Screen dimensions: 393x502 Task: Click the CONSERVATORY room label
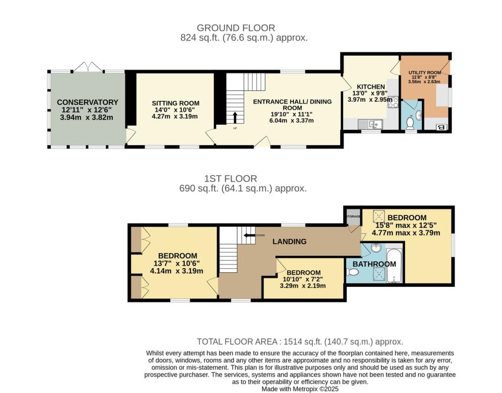tap(87, 102)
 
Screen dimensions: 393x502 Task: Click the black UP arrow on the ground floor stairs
tap(235, 117)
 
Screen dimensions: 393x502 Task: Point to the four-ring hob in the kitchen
tap(393, 102)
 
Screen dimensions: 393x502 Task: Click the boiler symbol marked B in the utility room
tap(441, 128)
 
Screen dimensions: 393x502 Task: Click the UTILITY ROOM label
tap(425, 72)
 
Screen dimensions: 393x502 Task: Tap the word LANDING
tap(289, 241)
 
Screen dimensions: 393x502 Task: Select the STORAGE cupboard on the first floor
tap(352, 216)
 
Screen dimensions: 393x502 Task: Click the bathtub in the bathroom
tap(394, 266)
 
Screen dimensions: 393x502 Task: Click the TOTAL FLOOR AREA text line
tap(300, 342)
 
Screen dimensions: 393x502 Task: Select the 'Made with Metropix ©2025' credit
tap(300, 389)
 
